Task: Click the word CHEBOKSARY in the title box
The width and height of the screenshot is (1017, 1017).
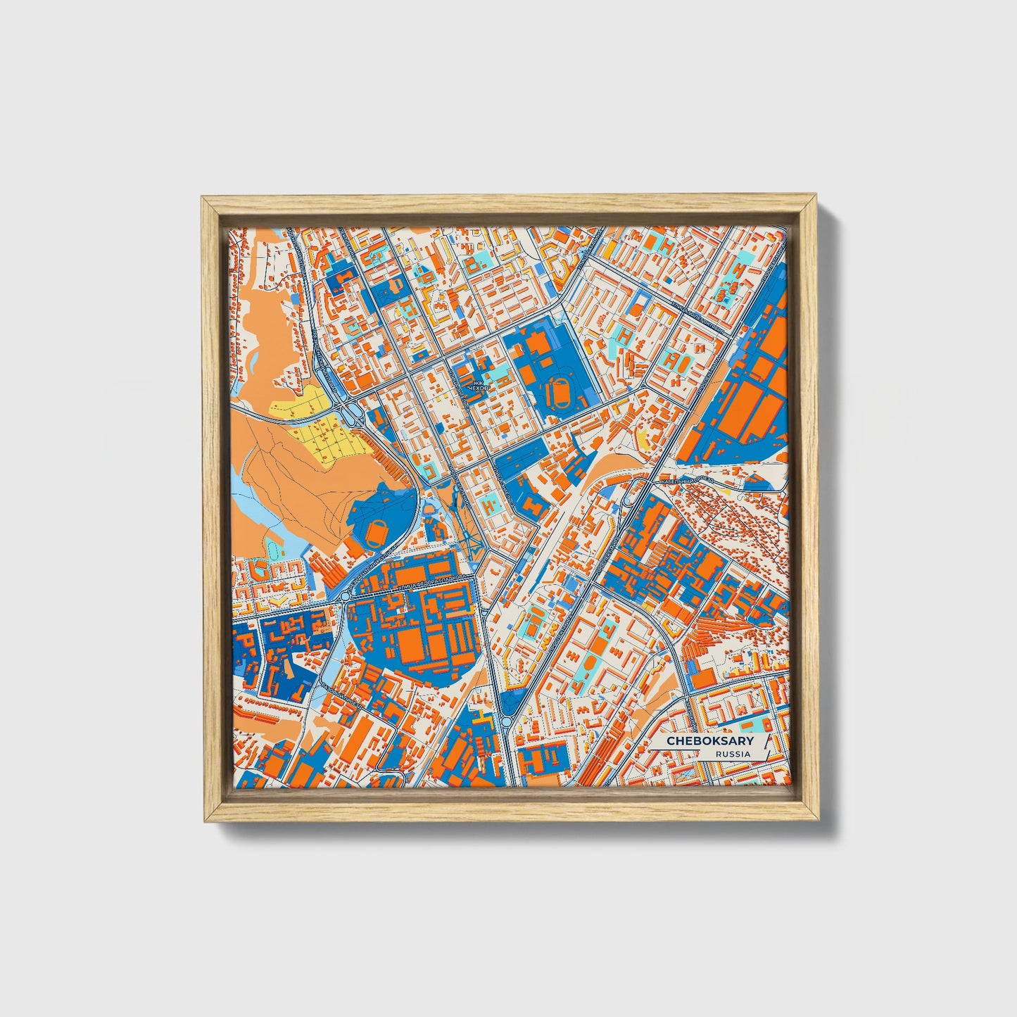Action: (710, 741)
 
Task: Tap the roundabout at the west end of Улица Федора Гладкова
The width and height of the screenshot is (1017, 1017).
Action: (346, 597)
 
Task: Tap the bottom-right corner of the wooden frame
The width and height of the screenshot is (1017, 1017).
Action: (818, 819)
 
